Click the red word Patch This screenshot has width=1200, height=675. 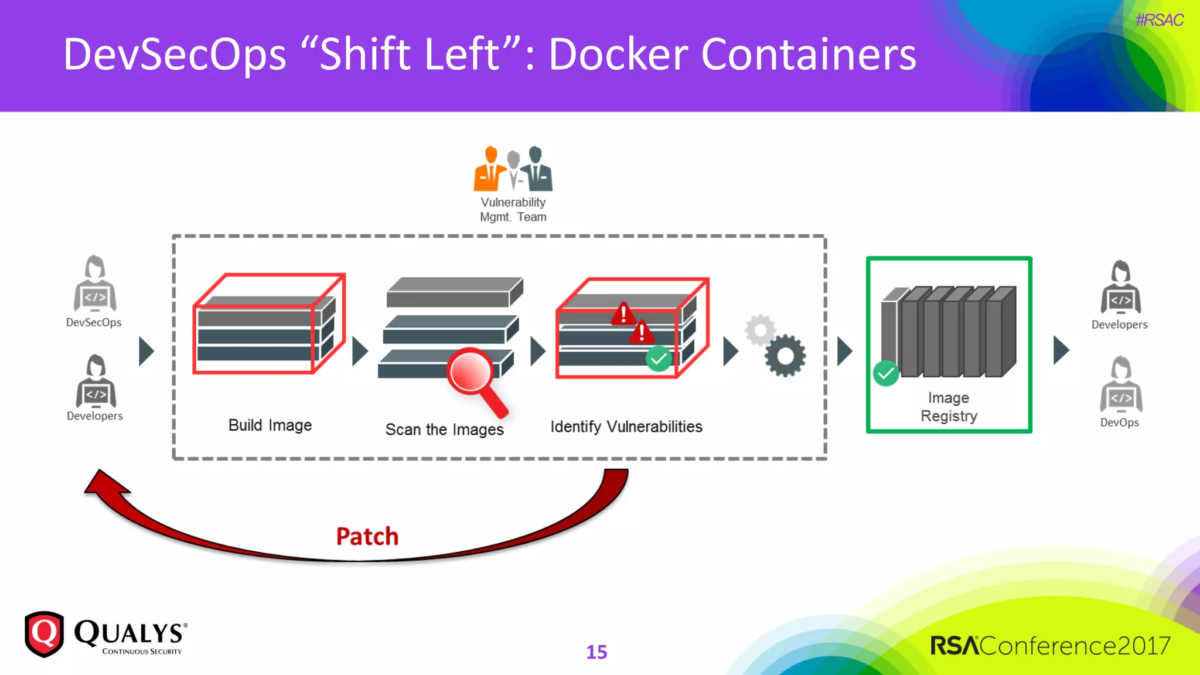pyautogui.click(x=367, y=536)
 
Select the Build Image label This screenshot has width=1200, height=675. pyautogui.click(x=270, y=425)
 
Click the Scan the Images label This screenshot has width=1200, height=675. pyautogui.click(x=444, y=429)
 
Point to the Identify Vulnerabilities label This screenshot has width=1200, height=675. pyautogui.click(x=626, y=427)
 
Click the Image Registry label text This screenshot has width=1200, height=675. pyautogui.click(x=949, y=407)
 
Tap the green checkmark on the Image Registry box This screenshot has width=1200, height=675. pyautogui.click(x=885, y=373)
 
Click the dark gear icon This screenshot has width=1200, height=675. pyautogui.click(x=785, y=356)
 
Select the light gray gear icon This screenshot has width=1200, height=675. pyautogui.click(x=760, y=330)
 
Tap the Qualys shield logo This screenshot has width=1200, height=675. pyautogui.click(x=44, y=634)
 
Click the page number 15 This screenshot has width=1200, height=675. pyautogui.click(x=596, y=652)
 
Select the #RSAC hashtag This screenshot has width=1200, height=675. pyautogui.click(x=1159, y=20)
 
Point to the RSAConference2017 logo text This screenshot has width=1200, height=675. pyautogui.click(x=1050, y=646)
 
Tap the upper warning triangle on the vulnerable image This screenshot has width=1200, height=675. pyautogui.click(x=623, y=314)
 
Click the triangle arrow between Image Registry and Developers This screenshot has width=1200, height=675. pyautogui.click(x=1061, y=350)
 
